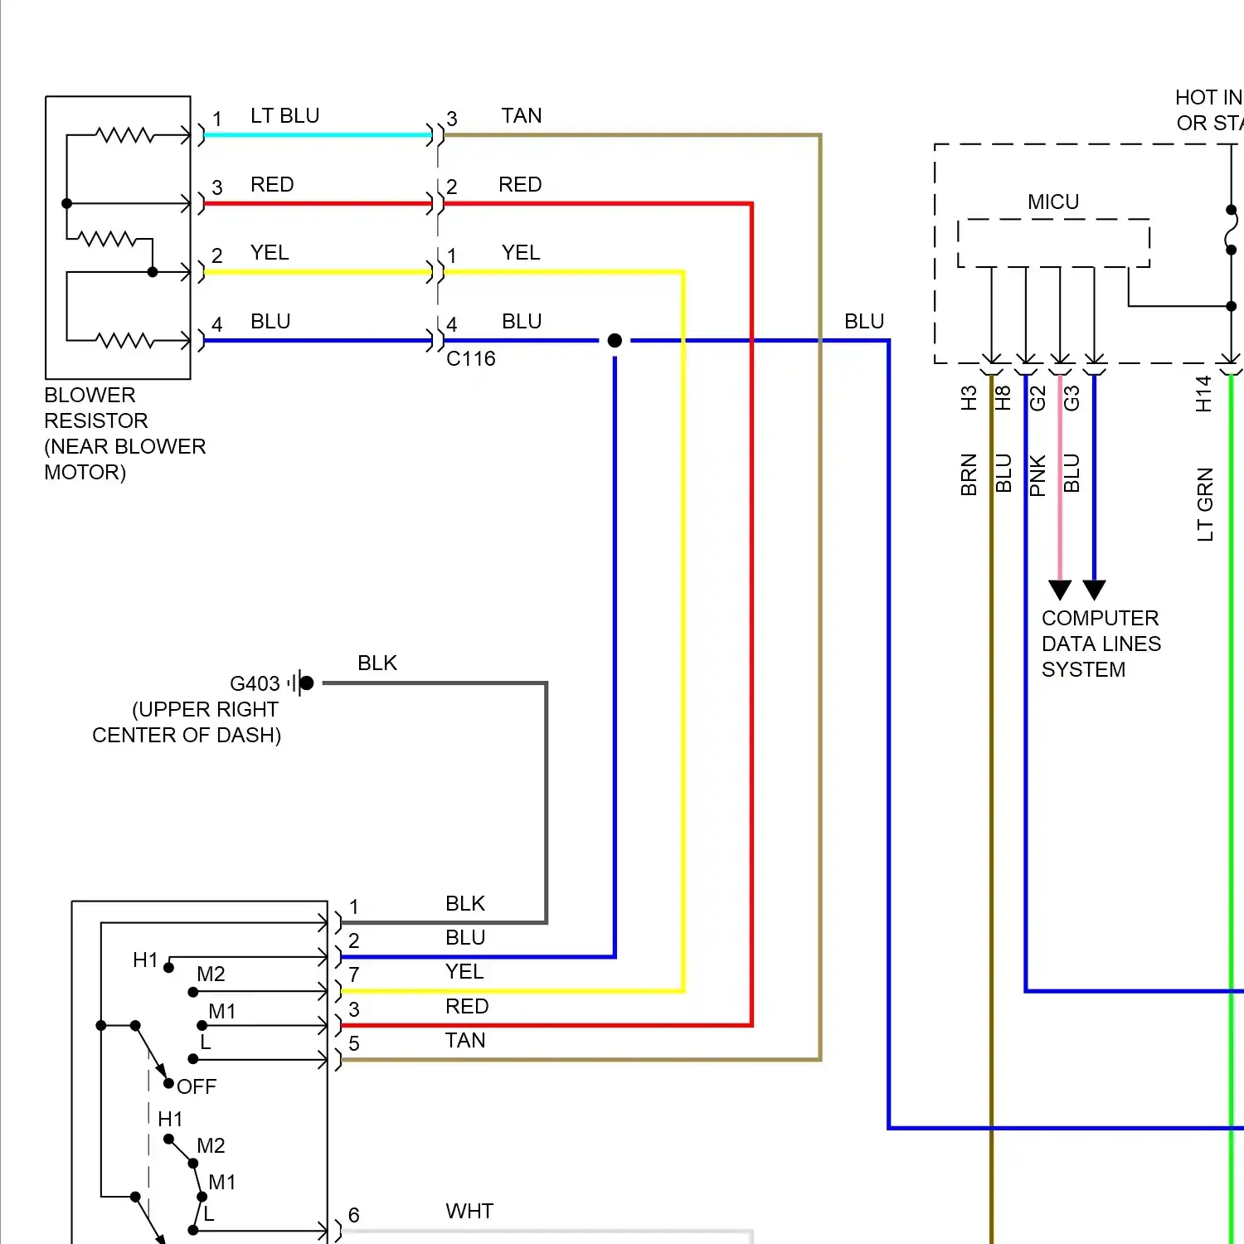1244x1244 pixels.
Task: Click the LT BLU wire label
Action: (x=284, y=115)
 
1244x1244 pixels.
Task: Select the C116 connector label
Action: (x=470, y=358)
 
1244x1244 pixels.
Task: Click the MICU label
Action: (x=1053, y=202)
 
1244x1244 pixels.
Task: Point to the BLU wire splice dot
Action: (x=615, y=340)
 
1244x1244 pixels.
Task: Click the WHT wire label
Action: (x=469, y=1211)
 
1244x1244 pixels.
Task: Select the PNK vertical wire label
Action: (x=1037, y=475)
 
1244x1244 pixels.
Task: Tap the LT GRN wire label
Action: (x=1205, y=504)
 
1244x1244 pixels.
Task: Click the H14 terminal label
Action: (x=1203, y=394)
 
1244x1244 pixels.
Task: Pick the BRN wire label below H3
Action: (x=969, y=474)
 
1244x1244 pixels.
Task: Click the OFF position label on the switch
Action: (x=197, y=1086)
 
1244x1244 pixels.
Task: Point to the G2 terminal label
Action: (x=1037, y=398)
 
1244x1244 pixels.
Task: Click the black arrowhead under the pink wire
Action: (x=1060, y=590)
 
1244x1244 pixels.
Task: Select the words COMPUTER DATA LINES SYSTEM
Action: (x=1101, y=644)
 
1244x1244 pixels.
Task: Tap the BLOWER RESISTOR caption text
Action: (x=124, y=433)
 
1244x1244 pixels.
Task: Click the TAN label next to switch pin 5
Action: (x=464, y=1040)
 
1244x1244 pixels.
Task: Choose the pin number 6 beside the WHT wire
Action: (x=354, y=1215)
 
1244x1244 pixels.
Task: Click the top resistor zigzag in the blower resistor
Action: (x=124, y=134)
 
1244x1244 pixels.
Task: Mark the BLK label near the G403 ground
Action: (x=377, y=663)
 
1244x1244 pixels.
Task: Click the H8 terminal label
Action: (x=1003, y=398)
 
